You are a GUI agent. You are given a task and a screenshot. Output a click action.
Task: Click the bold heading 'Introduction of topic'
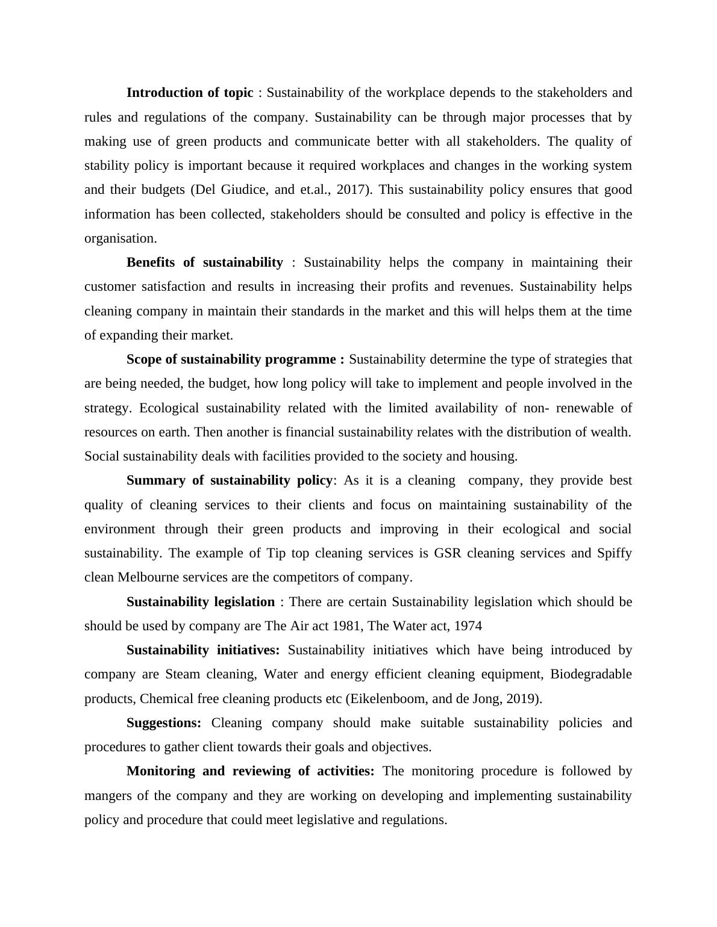click(x=190, y=93)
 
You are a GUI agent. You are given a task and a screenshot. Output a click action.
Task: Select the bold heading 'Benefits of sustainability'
click(x=204, y=262)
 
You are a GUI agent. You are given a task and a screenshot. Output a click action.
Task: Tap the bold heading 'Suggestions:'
click(x=164, y=723)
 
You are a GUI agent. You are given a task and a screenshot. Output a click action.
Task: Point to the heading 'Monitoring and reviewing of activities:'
click(x=251, y=771)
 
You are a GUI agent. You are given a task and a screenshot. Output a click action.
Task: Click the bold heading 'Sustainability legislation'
click(x=201, y=602)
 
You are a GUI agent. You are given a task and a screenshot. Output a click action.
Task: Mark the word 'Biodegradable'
click(x=591, y=674)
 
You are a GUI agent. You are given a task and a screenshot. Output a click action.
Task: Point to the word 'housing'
click(x=493, y=456)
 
